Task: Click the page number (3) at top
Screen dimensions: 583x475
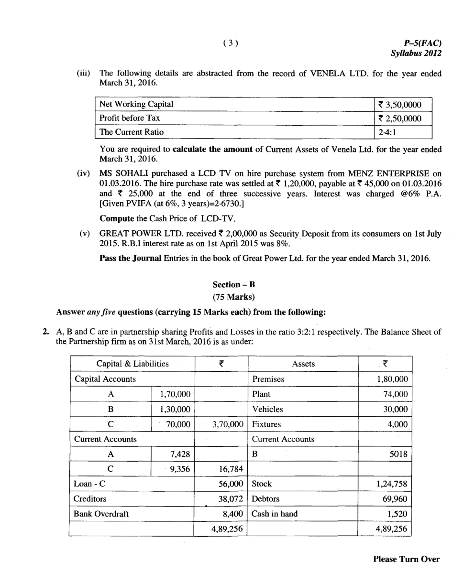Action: [231, 43]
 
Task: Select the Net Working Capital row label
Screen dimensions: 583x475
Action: [136, 104]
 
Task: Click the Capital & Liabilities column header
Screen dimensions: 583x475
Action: [133, 364]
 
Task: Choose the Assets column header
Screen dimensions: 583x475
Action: [303, 364]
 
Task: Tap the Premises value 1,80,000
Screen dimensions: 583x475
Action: [392, 379]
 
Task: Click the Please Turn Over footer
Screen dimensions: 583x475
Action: [406, 559]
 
